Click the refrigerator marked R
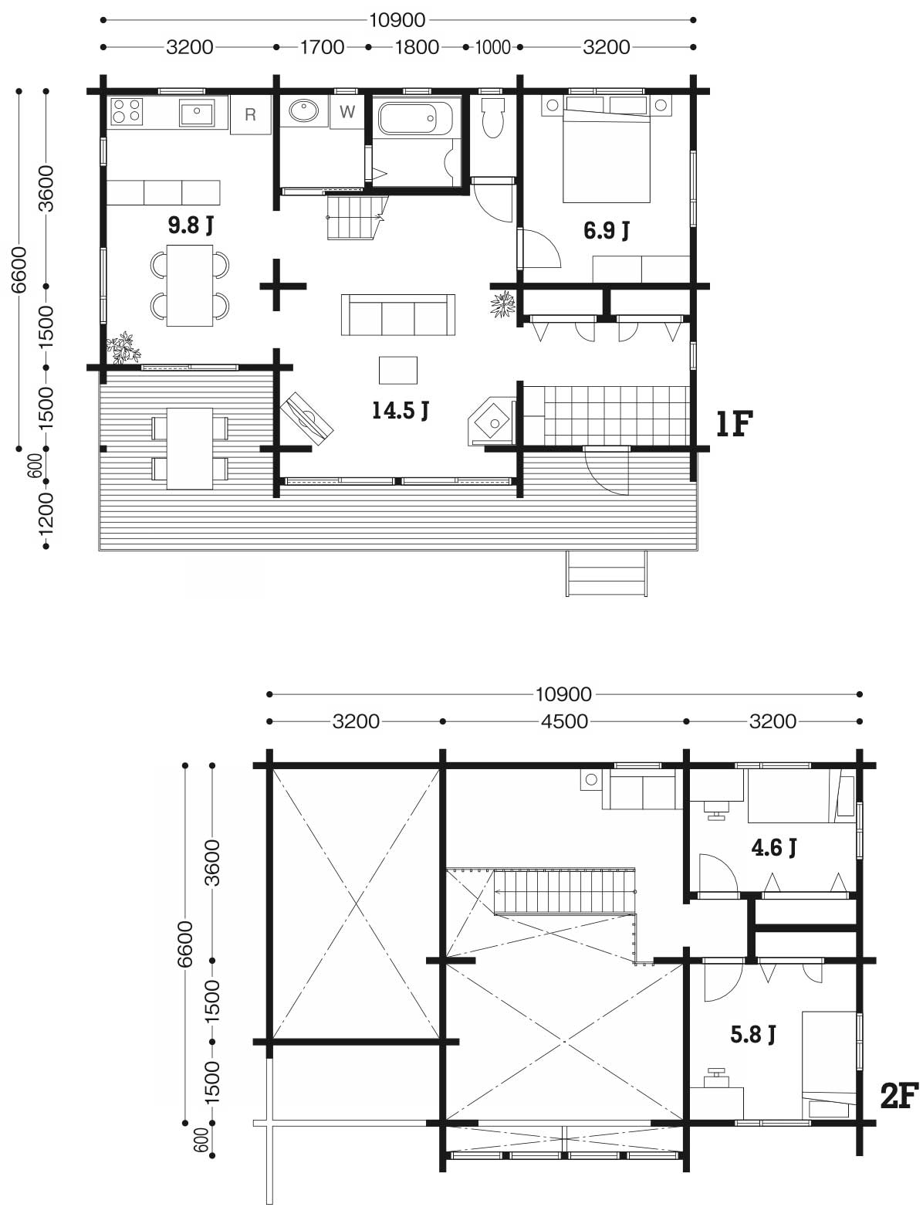[250, 114]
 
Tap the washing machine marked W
[347, 112]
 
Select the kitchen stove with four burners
[127, 111]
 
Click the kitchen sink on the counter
[196, 113]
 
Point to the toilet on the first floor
[493, 118]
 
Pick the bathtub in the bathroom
[416, 117]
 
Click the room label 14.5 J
[401, 411]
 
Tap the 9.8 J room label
[191, 225]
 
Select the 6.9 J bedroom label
[607, 230]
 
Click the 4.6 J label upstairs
[774, 847]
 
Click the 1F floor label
[735, 424]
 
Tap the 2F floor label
[899, 1096]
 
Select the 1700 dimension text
[323, 47]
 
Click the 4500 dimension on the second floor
[564, 721]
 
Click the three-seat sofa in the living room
[398, 315]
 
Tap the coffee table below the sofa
[398, 370]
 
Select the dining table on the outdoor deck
[190, 449]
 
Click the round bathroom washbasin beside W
[303, 110]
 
